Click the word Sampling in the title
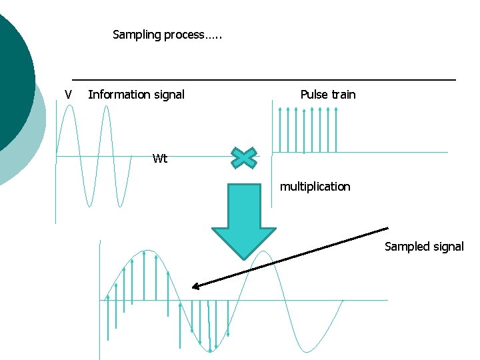[137, 35]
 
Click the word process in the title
[183, 35]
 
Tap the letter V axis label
[67, 95]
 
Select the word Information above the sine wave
[118, 95]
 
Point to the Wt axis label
[160, 159]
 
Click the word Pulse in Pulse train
[314, 95]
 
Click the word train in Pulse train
[343, 95]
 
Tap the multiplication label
[315, 187]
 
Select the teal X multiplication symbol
[245, 157]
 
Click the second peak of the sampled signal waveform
[265, 252]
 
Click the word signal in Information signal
[168, 95]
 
